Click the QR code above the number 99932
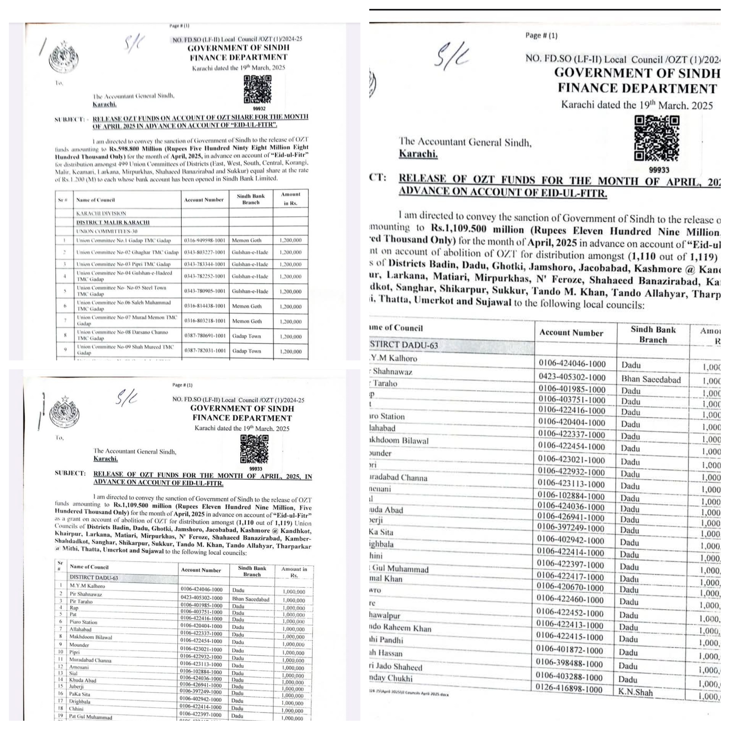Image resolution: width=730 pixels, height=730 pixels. (x=257, y=89)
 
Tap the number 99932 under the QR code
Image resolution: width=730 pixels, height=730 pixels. (x=259, y=108)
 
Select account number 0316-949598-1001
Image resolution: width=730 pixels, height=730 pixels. (x=204, y=240)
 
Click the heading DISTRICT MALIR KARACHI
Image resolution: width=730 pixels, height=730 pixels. (x=113, y=222)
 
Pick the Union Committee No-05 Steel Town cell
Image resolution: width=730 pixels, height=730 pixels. (x=122, y=291)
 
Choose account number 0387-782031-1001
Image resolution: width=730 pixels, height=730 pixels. (x=204, y=351)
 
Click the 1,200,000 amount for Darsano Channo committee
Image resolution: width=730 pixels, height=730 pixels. (x=291, y=336)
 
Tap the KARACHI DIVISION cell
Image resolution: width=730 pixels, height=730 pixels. (x=101, y=214)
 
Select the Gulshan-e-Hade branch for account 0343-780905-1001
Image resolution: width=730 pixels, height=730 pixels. (x=250, y=291)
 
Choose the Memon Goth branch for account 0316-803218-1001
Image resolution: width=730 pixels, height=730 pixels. (x=247, y=321)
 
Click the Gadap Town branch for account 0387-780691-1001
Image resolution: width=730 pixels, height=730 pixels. (x=247, y=336)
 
